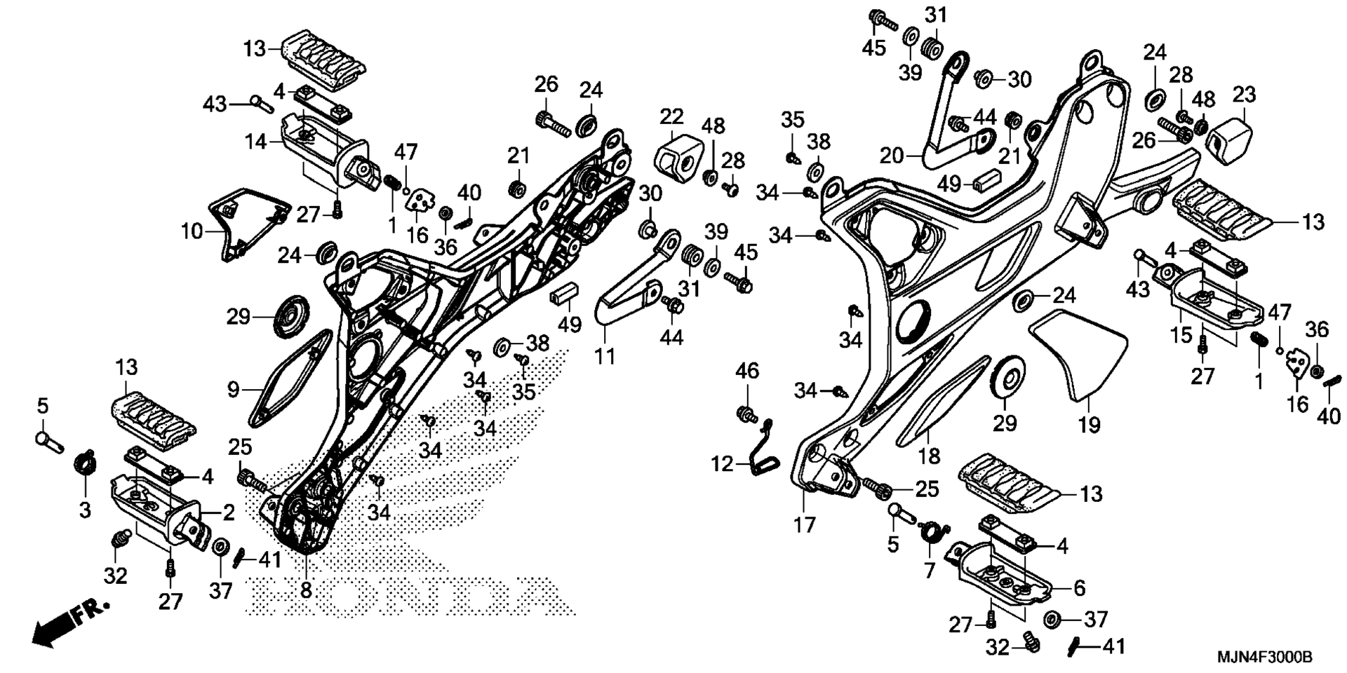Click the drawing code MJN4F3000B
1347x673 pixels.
point(1264,658)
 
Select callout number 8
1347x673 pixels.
point(306,590)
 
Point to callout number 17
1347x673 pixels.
point(804,524)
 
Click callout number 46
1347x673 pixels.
point(747,371)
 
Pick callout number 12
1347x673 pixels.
point(722,463)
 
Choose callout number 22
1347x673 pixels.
point(671,116)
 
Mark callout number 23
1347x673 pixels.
point(1245,95)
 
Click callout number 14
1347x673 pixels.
point(256,141)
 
